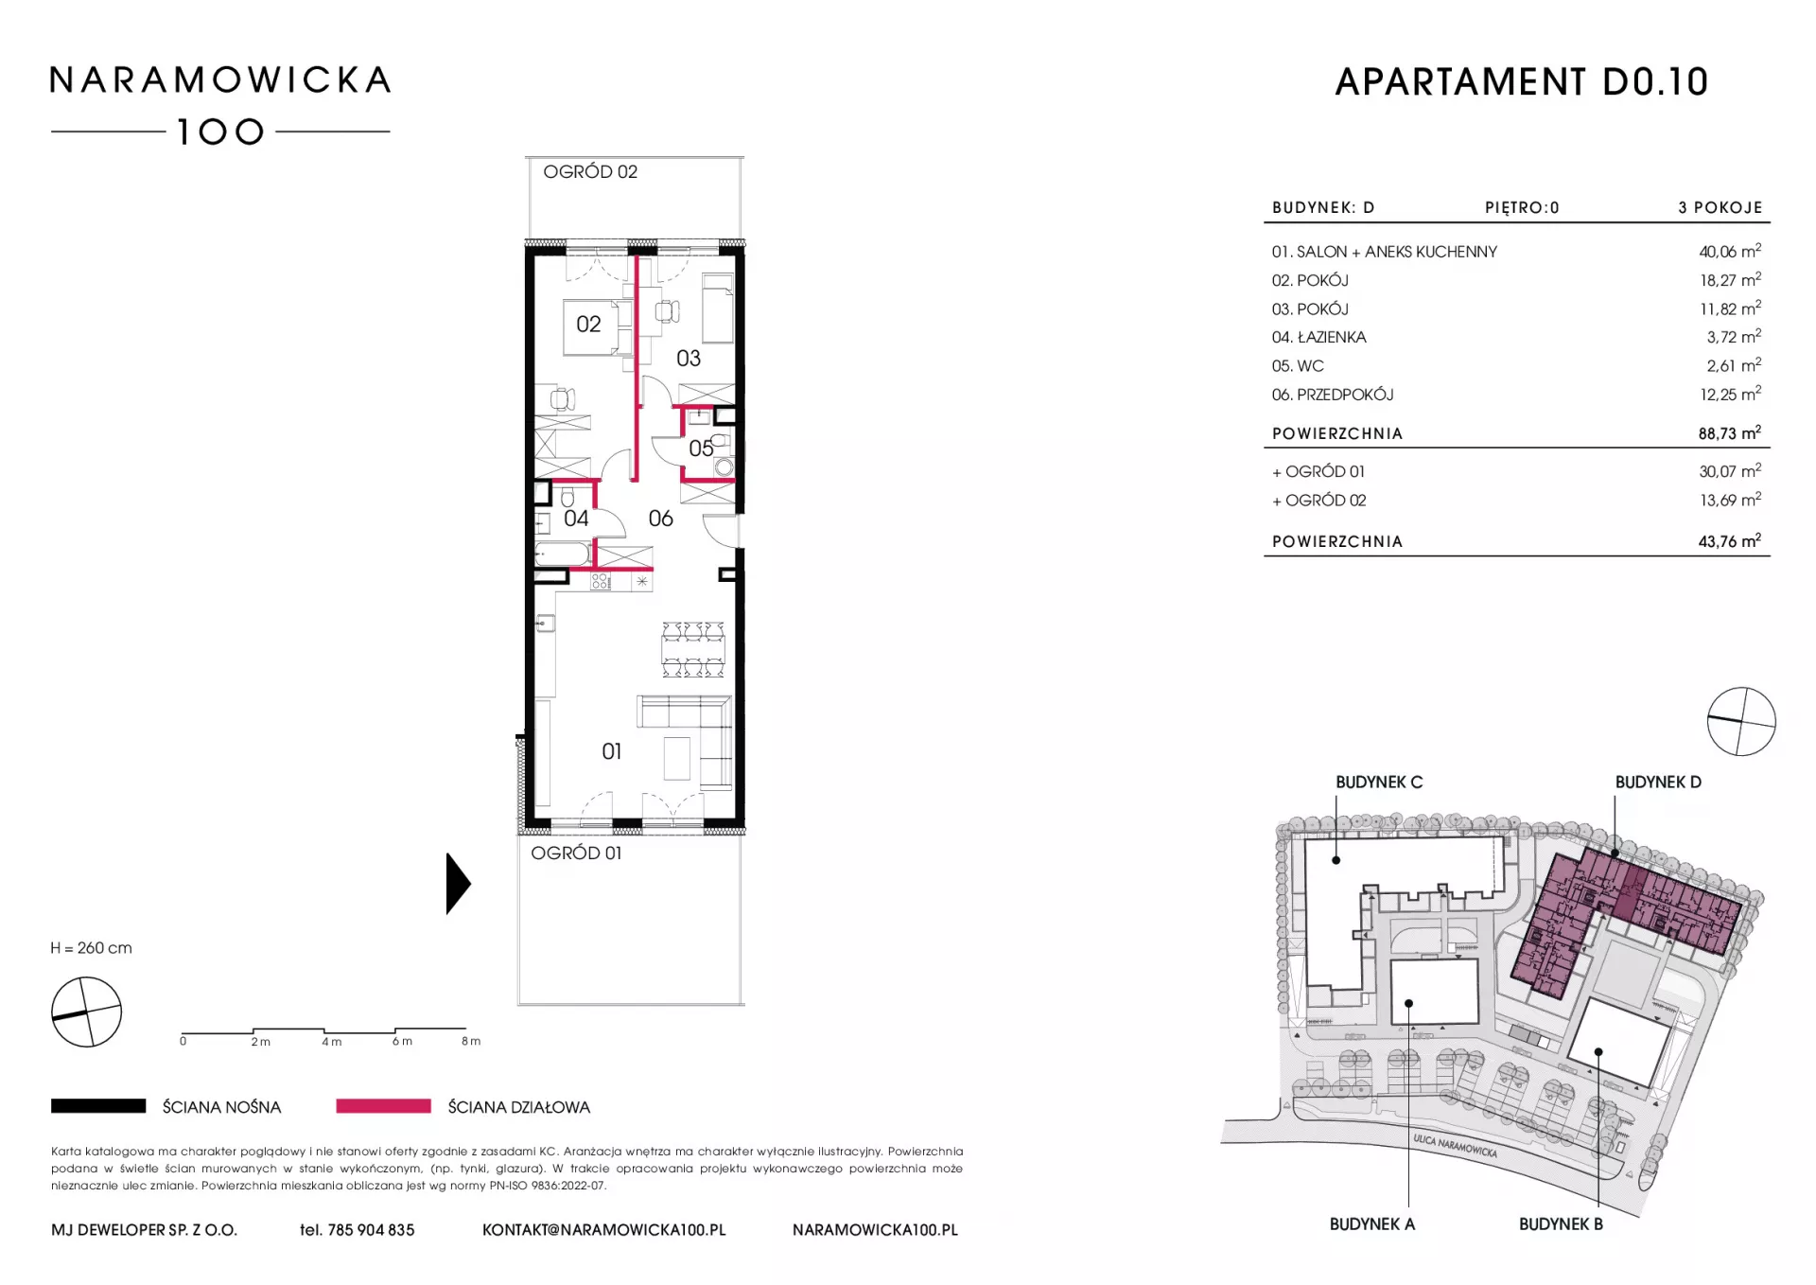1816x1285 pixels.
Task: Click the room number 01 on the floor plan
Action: point(612,751)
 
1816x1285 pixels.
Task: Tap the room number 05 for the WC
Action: point(701,449)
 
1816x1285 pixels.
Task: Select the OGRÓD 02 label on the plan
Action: point(590,171)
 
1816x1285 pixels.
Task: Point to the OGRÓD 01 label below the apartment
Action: point(576,853)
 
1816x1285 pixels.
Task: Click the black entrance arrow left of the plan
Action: point(458,884)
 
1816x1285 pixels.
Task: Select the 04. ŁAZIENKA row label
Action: point(1318,337)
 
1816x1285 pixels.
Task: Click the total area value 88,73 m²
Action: point(1730,432)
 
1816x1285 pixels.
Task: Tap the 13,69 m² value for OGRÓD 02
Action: point(1730,500)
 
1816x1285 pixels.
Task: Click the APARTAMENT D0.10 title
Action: point(1522,82)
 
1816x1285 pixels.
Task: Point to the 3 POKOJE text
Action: point(1720,207)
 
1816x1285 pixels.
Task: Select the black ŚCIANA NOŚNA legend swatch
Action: point(98,1105)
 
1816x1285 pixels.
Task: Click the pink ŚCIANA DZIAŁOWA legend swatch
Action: point(383,1105)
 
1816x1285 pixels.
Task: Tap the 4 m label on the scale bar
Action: point(332,1041)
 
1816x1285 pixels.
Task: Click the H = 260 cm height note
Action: point(92,947)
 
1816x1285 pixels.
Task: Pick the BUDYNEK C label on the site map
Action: point(1379,782)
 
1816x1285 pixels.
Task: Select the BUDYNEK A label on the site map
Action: point(1372,1223)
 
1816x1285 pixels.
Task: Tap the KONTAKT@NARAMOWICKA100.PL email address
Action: point(604,1229)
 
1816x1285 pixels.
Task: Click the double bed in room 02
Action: point(598,326)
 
